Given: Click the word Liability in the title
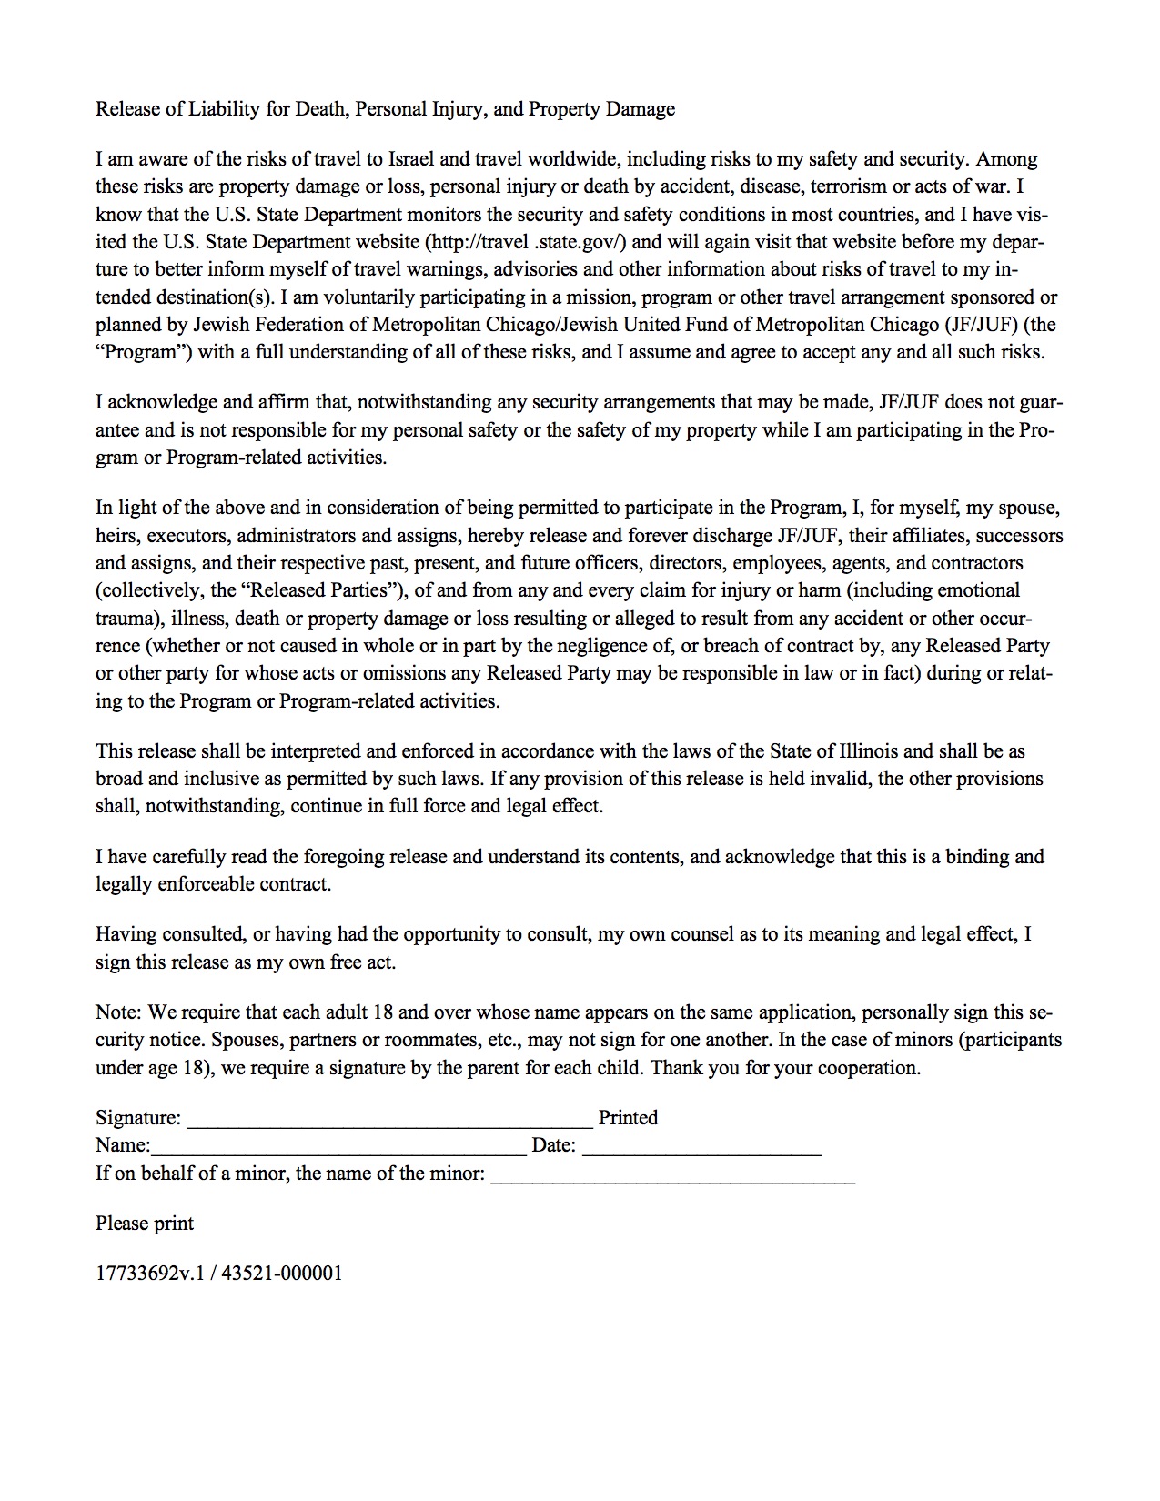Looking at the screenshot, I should pos(225,109).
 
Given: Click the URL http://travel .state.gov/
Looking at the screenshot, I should pos(525,242).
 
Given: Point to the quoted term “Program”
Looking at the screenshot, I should pos(144,352).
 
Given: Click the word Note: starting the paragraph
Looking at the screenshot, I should pos(118,1012).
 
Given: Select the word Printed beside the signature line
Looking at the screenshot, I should pos(628,1118).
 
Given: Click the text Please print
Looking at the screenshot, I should pos(145,1224).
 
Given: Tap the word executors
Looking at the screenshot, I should pos(187,536).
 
